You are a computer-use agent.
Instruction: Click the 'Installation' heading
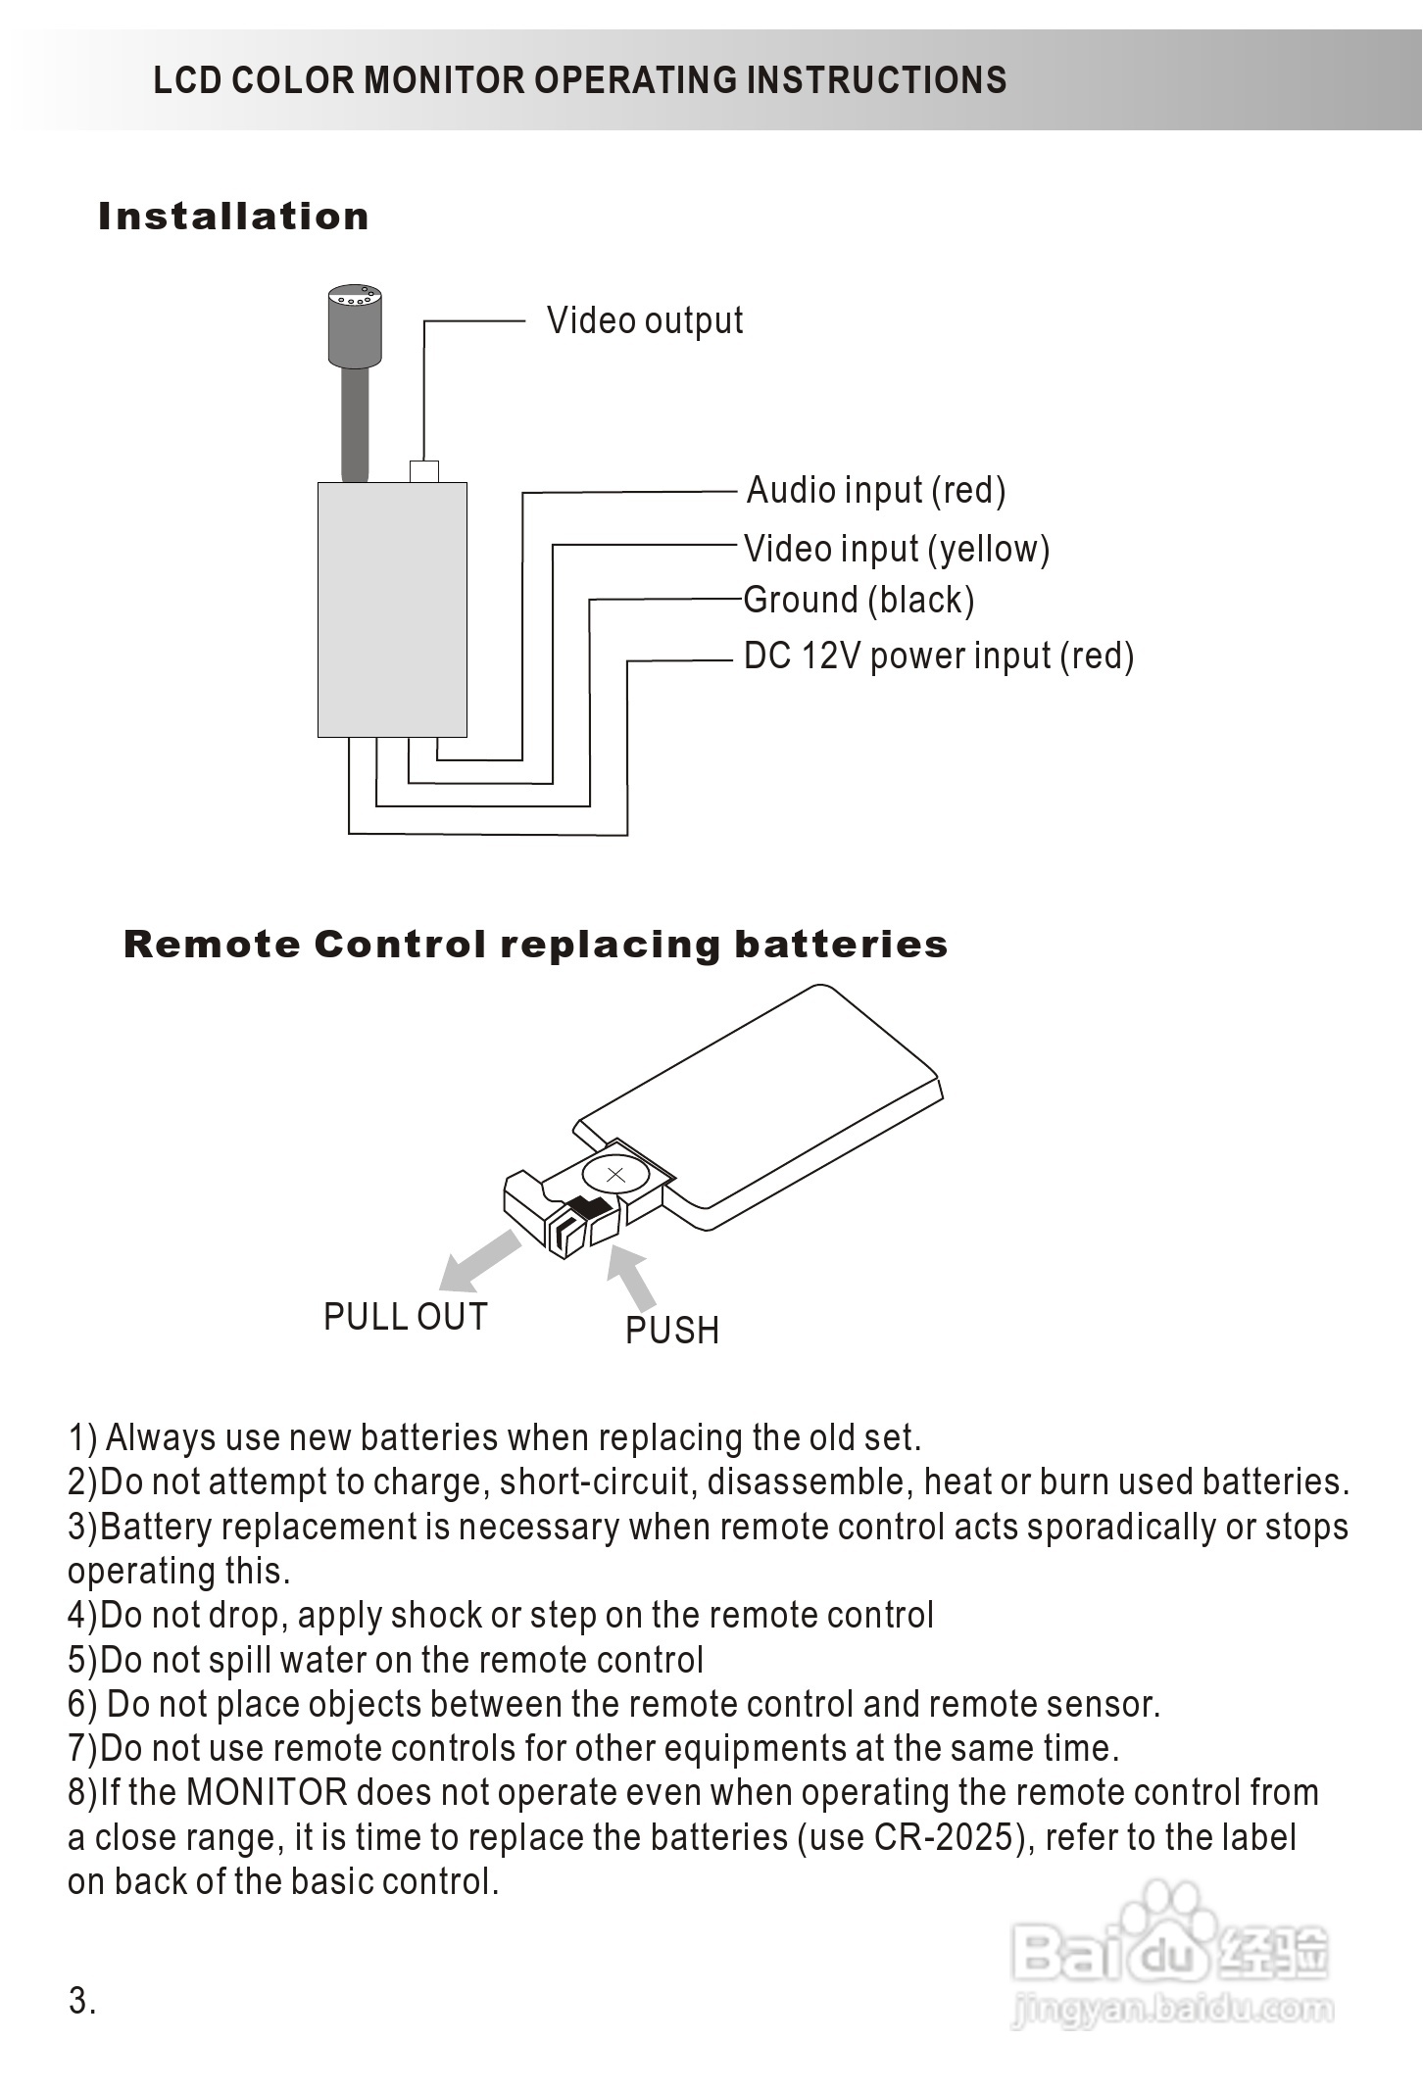(233, 217)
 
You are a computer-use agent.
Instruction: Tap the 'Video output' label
(645, 320)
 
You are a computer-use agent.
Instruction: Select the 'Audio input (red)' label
(876, 490)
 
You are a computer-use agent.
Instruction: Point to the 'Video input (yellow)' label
(897, 549)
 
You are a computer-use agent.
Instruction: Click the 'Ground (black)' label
(859, 600)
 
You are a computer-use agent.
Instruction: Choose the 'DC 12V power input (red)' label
(939, 656)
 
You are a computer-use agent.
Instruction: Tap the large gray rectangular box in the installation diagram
(392, 608)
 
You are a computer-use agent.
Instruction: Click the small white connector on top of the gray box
(423, 471)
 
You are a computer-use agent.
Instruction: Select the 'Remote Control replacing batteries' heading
(535, 945)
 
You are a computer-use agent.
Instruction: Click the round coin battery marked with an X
(614, 1175)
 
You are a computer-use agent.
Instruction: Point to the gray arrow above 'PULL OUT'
(479, 1262)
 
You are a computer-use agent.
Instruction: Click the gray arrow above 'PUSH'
(632, 1278)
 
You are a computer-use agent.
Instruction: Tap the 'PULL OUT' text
(405, 1317)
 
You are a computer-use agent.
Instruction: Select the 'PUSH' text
(672, 1331)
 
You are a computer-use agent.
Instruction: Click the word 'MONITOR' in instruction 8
(267, 1792)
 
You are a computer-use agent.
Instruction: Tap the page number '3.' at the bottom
(82, 2001)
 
